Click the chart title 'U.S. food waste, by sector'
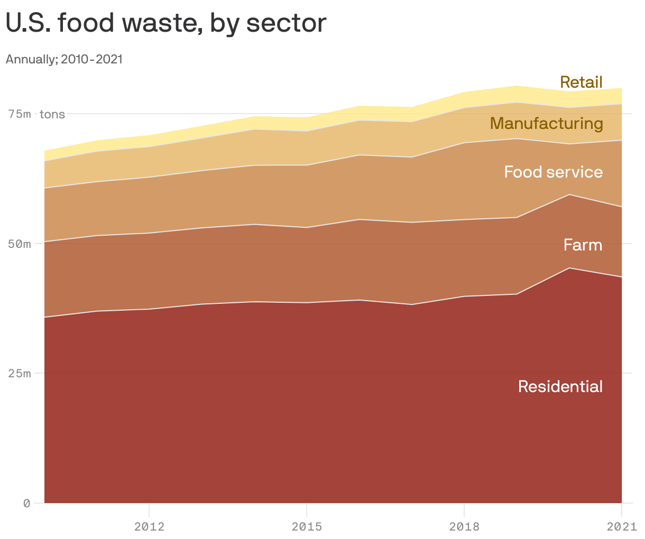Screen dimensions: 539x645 pos(165,23)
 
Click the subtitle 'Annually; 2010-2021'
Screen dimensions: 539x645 pos(64,59)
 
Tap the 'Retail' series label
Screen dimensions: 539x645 pos(581,82)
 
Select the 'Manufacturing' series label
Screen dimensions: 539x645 pos(546,123)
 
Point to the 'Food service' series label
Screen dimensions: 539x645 pos(553,172)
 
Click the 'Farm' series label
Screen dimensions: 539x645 pos(583,245)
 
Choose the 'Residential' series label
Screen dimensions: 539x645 pos(560,386)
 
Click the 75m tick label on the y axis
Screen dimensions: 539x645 pos(19,114)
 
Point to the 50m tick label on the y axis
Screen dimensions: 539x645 pos(19,244)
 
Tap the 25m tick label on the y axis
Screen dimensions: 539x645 pos(19,374)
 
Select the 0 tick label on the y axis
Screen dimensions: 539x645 pos(26,503)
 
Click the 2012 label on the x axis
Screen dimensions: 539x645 pos(149,526)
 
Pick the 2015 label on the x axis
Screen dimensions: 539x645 pos(307,526)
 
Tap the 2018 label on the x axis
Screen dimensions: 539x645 pos(464,526)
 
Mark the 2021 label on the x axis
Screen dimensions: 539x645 pos(621,526)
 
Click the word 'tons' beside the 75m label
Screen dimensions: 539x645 pos(52,114)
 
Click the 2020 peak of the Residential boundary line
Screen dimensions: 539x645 pos(569,268)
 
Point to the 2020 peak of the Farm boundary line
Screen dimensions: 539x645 pos(569,194)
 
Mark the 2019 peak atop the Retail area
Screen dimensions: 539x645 pos(517,86)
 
